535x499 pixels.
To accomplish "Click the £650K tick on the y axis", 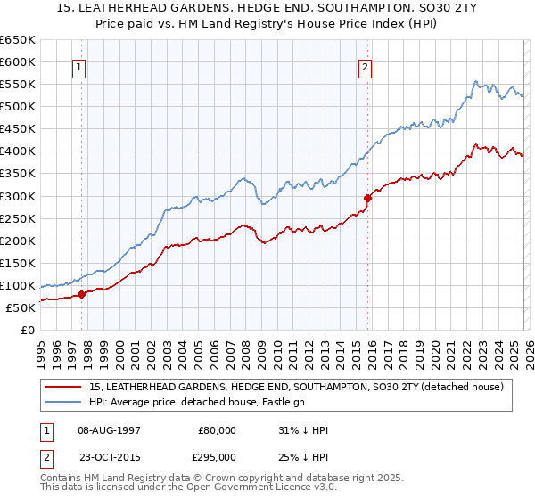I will (x=18, y=40).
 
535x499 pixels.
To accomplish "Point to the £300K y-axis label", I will (x=18, y=196).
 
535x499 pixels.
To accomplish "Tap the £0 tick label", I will (x=28, y=330).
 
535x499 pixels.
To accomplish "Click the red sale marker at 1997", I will (x=81, y=294).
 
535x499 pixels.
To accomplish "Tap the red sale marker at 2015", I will (x=367, y=198).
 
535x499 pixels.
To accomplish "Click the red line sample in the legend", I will (x=62, y=387).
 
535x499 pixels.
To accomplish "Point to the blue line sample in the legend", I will (x=62, y=402).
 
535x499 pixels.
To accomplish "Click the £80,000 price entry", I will (x=217, y=430).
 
